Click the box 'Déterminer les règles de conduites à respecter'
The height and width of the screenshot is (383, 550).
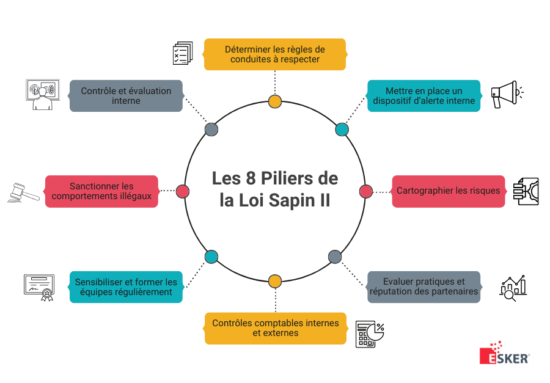[274, 54]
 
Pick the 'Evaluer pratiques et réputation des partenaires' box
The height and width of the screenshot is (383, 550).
[424, 286]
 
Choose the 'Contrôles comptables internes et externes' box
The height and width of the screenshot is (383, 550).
[275, 328]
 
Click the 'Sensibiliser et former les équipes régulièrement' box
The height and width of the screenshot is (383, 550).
[126, 286]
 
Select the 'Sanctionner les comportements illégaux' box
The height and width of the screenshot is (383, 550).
[101, 191]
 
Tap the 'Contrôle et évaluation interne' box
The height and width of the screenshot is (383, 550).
[126, 95]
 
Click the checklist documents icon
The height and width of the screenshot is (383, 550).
[182, 53]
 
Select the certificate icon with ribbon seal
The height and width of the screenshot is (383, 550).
[39, 287]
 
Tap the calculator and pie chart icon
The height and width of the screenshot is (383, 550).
[370, 334]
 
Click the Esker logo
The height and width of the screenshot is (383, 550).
[504, 352]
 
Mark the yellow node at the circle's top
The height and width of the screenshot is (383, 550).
[275, 101]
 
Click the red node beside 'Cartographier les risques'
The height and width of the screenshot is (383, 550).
[365, 191]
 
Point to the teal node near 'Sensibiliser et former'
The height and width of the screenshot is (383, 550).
[211, 257]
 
